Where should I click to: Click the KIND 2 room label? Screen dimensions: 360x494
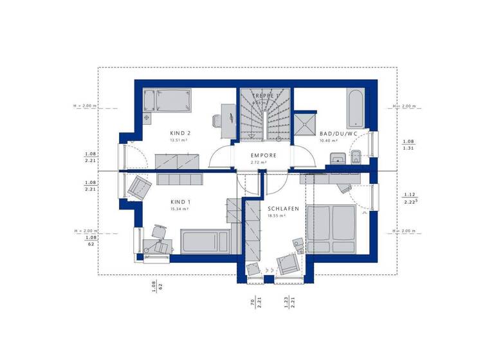180,133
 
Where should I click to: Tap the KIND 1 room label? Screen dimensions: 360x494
179,201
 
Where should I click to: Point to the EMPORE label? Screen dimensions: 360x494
264,155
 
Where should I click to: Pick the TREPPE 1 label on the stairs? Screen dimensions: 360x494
265,96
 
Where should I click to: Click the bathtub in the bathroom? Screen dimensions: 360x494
355,109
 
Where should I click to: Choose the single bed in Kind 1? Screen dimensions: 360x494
203,242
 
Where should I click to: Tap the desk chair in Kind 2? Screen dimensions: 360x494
217,119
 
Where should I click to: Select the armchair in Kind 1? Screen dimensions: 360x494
139,187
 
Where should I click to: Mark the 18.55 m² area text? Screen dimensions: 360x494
277,216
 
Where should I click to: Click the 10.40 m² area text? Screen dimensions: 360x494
329,140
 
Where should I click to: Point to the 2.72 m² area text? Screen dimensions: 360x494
260,162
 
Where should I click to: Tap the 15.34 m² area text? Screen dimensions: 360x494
179,208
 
